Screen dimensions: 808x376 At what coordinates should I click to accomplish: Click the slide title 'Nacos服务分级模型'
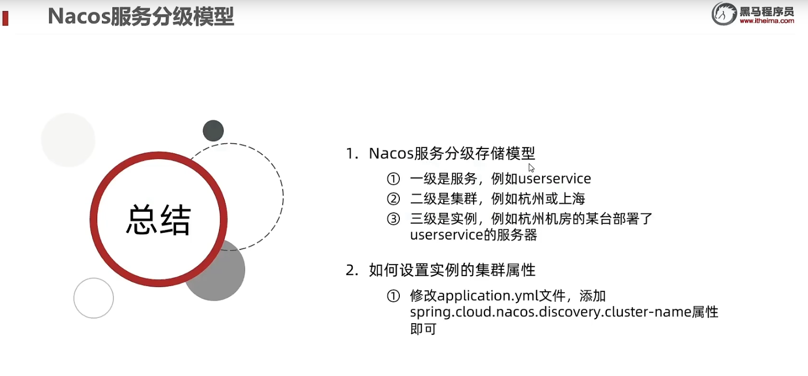click(x=141, y=17)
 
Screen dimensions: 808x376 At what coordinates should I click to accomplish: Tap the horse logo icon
click(x=723, y=14)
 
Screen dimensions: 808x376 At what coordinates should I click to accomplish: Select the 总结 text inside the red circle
click(x=158, y=220)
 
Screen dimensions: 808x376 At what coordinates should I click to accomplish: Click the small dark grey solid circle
click(x=213, y=131)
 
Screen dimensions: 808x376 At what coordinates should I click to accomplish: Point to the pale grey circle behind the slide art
click(x=68, y=140)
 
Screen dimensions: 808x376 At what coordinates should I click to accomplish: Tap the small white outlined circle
click(x=94, y=298)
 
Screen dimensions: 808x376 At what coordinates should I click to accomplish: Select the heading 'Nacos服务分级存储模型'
click(x=452, y=153)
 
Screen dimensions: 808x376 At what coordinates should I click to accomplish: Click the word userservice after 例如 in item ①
click(x=555, y=179)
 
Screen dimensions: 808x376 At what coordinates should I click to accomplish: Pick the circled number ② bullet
click(x=393, y=199)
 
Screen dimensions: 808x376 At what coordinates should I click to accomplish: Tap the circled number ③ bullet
click(x=393, y=219)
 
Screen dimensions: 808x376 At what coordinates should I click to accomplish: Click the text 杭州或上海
click(x=551, y=199)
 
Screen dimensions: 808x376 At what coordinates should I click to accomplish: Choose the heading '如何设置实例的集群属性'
click(x=452, y=270)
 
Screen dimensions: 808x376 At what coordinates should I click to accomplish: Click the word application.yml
click(x=487, y=297)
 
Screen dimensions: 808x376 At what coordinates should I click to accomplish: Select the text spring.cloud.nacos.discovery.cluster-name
click(x=550, y=312)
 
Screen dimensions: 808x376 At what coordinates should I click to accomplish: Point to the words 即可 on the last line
click(x=423, y=329)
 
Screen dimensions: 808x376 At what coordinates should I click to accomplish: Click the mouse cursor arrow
click(x=531, y=168)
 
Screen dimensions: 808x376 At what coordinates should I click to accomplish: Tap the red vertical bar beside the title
click(x=5, y=18)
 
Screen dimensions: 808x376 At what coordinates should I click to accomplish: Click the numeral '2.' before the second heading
click(x=352, y=270)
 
